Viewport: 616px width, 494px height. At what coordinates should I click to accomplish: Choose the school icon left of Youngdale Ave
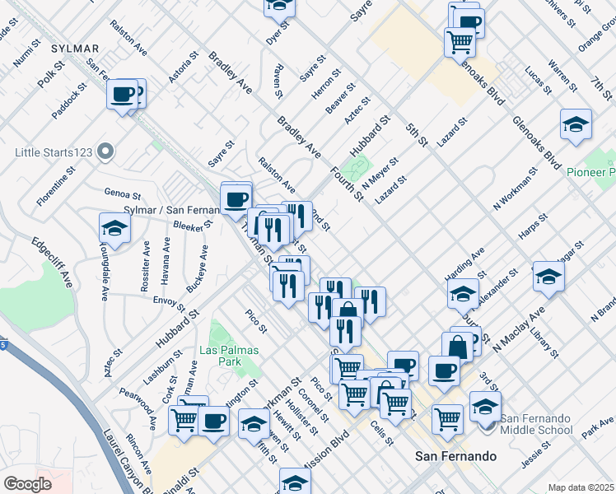pyautogui.click(x=114, y=229)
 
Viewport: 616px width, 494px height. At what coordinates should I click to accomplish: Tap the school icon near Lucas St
pyautogui.click(x=575, y=124)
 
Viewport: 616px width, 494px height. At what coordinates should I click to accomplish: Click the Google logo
pyautogui.click(x=27, y=483)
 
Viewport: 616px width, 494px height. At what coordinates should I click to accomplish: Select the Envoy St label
pyautogui.click(x=169, y=301)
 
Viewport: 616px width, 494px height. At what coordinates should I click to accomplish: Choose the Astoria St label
pyautogui.click(x=184, y=67)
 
